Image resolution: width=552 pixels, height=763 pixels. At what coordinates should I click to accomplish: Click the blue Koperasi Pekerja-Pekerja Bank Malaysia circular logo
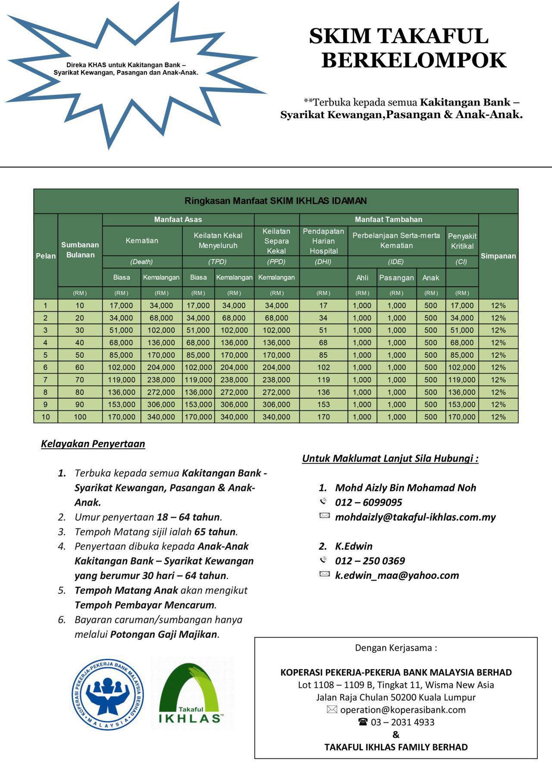point(107,694)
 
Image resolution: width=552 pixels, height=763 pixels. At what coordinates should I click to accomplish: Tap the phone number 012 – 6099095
point(368,502)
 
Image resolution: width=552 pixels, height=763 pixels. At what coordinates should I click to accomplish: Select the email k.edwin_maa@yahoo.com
point(397,575)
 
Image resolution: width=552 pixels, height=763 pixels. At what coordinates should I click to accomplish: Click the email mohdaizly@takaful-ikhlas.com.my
point(415,517)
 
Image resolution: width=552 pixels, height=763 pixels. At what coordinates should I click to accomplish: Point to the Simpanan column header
point(498,256)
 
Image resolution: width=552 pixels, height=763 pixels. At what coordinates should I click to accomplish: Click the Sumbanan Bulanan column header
point(80,250)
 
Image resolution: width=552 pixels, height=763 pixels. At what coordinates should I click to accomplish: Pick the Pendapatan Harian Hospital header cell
point(323,241)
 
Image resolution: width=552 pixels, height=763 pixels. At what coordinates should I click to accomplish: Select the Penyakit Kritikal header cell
point(462,241)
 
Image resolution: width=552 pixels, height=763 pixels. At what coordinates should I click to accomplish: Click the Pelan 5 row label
point(45,355)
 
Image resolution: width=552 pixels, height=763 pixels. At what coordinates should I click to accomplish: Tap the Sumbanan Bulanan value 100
point(80,417)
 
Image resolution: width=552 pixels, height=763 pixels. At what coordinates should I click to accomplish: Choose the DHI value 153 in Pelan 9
point(323,404)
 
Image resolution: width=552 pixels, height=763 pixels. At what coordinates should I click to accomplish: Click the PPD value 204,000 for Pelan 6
point(276,367)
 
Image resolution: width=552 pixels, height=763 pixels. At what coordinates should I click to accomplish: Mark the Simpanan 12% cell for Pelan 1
point(498,305)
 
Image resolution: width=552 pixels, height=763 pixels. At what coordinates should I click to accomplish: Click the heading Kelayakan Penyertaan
point(93,444)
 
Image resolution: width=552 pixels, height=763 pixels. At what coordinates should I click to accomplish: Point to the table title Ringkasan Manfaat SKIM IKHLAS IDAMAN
point(276,200)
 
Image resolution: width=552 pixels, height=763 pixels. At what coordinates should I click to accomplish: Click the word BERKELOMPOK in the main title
point(414,60)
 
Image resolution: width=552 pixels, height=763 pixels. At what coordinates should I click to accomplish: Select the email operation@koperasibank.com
point(402,710)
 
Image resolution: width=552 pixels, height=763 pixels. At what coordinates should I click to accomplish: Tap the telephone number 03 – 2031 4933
point(402,722)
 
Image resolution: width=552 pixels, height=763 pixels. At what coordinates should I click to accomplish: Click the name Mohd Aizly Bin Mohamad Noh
point(405,488)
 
